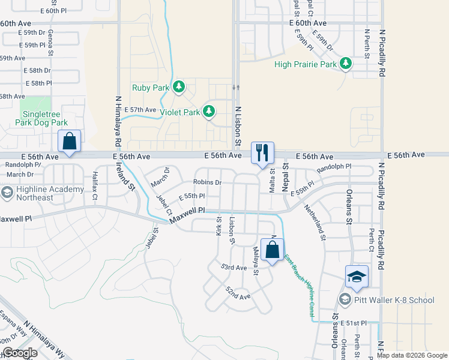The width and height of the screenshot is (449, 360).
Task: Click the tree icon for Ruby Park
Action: tap(178, 88)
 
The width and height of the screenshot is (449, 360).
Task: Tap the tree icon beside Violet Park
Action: tap(209, 112)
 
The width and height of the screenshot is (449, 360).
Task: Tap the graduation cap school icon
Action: tap(357, 276)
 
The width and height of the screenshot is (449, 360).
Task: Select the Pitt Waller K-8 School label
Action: tap(394, 299)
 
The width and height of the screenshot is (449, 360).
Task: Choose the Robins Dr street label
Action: tap(208, 182)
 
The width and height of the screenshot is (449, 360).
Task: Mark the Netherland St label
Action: tap(315, 221)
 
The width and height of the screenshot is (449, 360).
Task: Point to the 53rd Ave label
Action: tap(234, 267)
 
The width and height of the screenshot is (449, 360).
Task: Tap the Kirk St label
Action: tap(219, 226)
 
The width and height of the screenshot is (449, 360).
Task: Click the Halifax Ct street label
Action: tap(94, 184)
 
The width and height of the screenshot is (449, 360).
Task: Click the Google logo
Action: tap(19, 353)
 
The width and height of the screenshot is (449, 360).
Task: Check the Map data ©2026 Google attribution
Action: tap(412, 355)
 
